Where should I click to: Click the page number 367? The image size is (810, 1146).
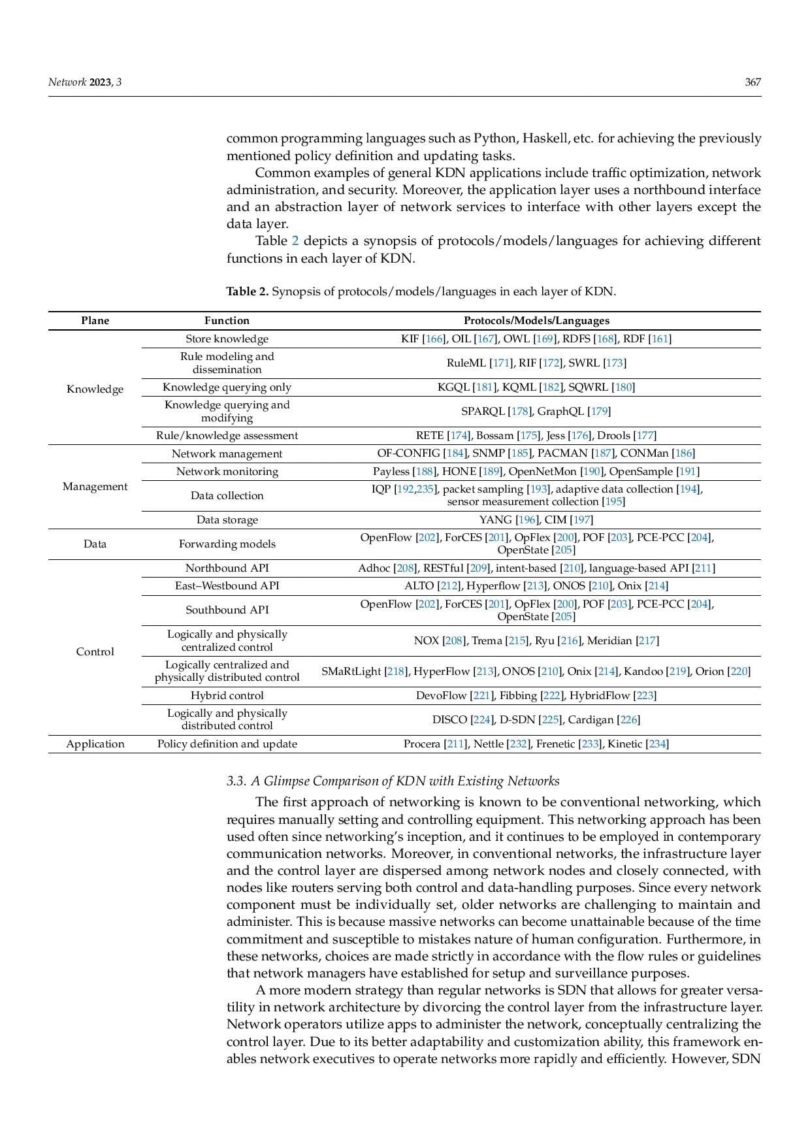[753, 82]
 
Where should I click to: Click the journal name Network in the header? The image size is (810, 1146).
[67, 82]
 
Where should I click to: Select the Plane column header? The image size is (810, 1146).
[95, 321]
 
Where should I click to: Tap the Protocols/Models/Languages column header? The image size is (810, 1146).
[536, 321]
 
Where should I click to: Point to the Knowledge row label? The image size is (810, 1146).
[95, 389]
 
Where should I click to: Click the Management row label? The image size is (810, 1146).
[95, 487]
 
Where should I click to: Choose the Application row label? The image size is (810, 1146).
[95, 744]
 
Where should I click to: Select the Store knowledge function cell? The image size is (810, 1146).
[227, 339]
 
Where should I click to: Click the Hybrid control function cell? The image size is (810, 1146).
[227, 696]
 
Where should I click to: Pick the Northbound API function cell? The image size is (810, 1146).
[227, 568]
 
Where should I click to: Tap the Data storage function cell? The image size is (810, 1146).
[227, 520]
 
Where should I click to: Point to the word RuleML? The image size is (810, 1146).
[466, 363]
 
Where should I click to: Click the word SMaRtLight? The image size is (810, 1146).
[351, 672]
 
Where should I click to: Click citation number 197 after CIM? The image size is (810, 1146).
[581, 520]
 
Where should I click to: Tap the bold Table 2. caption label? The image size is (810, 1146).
[247, 291]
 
